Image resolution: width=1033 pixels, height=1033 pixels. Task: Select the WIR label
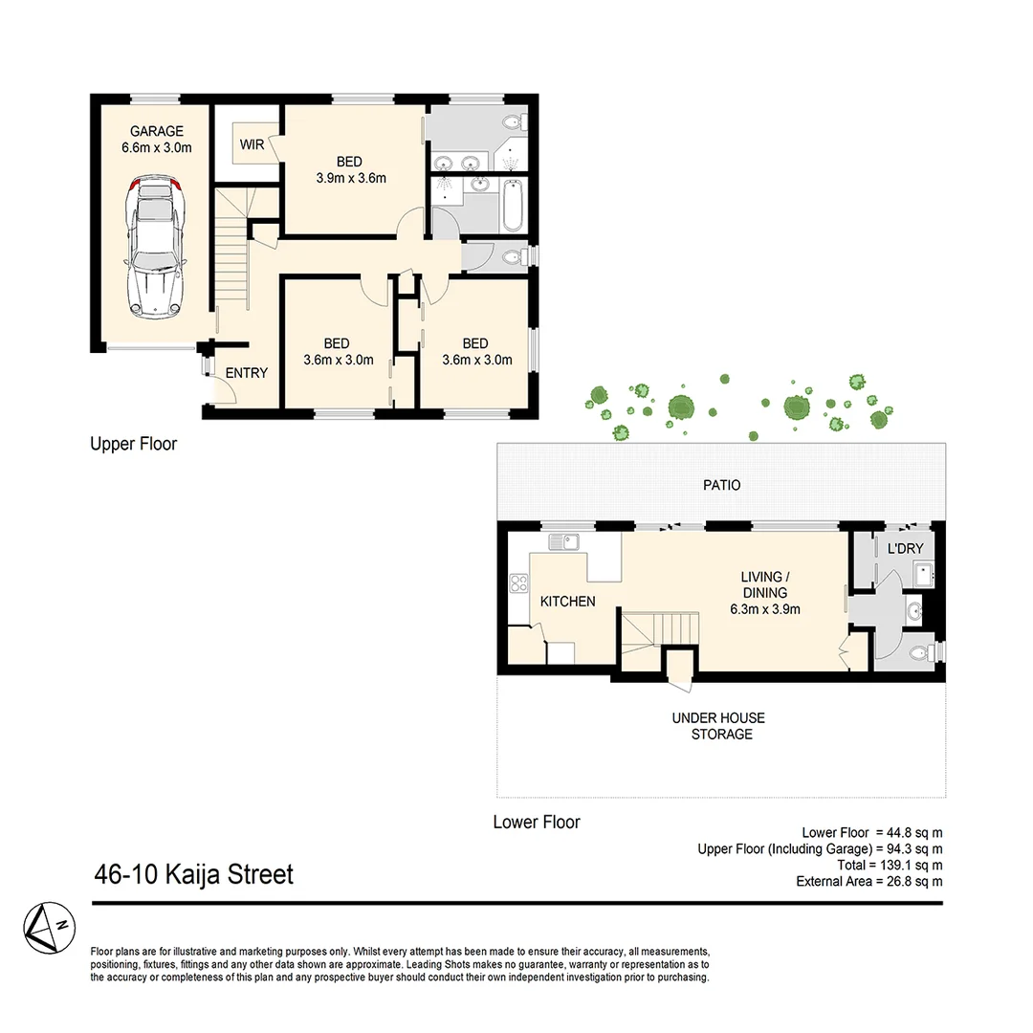(253, 144)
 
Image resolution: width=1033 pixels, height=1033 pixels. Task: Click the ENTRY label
(246, 373)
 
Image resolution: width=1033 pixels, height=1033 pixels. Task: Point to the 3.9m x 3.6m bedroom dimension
(350, 177)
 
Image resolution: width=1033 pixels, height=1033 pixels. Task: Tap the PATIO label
(721, 485)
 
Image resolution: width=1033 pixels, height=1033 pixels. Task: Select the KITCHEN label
(568, 602)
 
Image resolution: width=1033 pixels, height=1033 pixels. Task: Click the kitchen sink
(563, 542)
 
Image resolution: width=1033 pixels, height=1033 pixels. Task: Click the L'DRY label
(905, 549)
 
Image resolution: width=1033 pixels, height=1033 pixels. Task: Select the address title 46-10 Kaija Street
(193, 874)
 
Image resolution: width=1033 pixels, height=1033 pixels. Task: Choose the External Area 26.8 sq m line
(868, 881)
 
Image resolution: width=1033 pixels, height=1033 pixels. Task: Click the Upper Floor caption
(133, 444)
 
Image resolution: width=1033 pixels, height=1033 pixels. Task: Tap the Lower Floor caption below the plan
(536, 822)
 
